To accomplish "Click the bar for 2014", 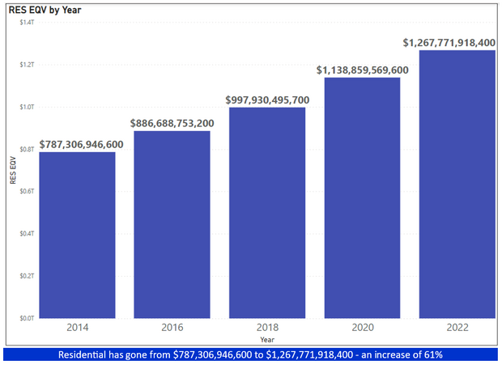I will point(77,235).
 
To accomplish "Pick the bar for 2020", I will point(362,197).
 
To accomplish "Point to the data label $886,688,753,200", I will point(172,123).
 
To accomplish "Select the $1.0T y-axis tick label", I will point(26,106).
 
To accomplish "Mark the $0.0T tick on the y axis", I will point(26,318).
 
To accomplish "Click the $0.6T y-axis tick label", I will point(26,191).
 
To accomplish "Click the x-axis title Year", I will point(266,340).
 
